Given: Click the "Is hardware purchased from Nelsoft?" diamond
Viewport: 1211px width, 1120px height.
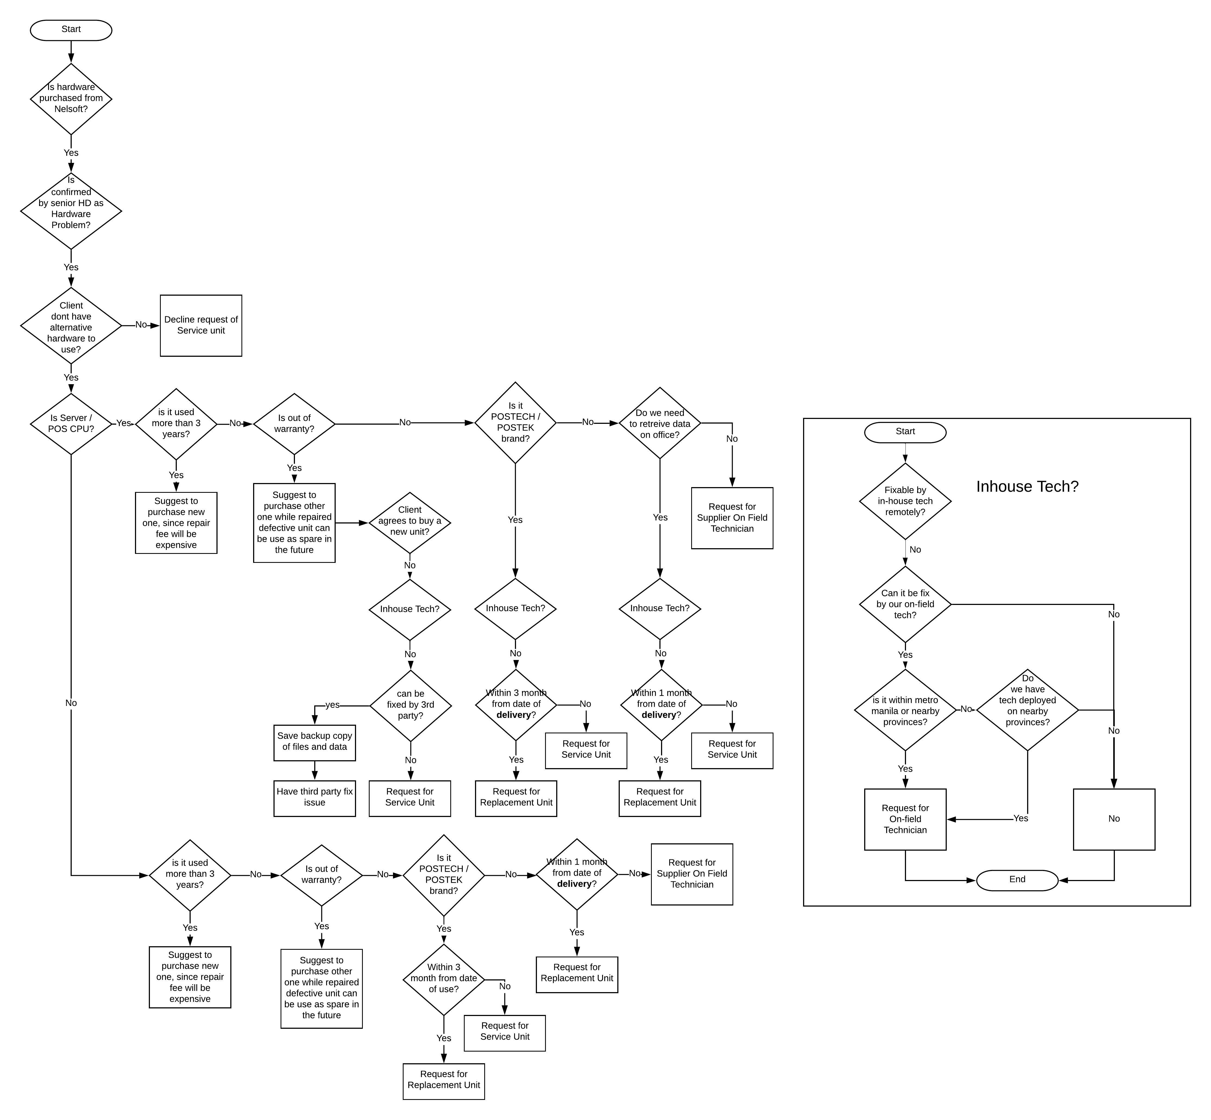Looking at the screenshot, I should [x=71, y=99].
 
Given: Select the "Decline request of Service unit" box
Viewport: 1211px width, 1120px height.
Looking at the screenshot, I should [x=201, y=326].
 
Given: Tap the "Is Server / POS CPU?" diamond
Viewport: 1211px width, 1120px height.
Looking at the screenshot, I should [x=71, y=424].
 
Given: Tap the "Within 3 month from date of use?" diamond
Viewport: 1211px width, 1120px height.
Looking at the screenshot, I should [x=444, y=979].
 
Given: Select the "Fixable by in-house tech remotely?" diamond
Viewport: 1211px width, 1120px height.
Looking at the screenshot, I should [x=905, y=501].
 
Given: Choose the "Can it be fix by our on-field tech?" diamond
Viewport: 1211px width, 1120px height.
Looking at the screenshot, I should [x=905, y=604].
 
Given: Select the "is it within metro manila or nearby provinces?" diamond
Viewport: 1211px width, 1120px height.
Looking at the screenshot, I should [x=905, y=710].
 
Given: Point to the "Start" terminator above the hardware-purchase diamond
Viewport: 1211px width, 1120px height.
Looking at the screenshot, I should [x=71, y=30].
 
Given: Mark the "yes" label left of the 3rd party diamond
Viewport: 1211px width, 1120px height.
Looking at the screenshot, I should [x=332, y=705].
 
